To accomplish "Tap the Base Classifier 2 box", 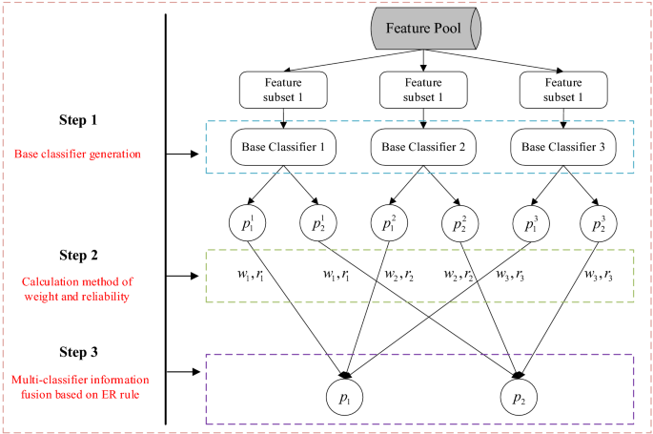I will click(x=422, y=148).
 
